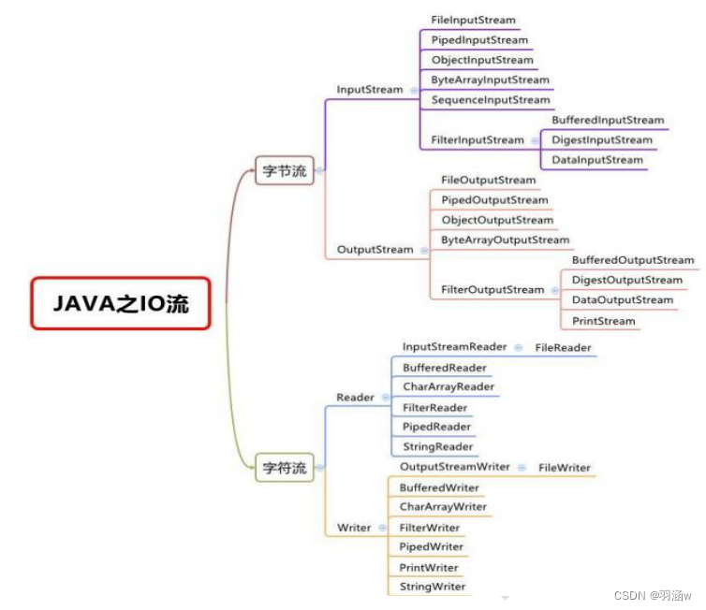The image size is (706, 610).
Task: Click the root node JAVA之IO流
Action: tap(121, 303)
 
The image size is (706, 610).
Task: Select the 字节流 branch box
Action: tap(285, 171)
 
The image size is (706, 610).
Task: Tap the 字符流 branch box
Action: tap(285, 468)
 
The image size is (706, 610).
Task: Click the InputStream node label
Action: tap(369, 90)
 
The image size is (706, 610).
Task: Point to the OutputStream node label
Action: tap(375, 250)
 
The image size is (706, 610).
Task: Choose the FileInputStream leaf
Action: tap(473, 20)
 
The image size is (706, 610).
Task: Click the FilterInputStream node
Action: tap(478, 140)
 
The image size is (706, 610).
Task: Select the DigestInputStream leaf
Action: tap(602, 140)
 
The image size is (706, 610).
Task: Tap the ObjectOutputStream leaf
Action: tap(497, 220)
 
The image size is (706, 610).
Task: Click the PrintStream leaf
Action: tap(603, 321)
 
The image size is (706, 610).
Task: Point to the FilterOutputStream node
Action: tap(493, 290)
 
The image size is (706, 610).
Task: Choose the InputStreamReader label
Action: tap(454, 347)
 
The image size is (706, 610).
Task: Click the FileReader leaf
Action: tap(563, 348)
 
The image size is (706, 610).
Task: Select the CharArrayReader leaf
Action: tap(449, 387)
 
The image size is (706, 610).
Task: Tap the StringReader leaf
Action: tap(438, 447)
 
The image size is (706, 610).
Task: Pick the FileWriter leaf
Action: tap(564, 468)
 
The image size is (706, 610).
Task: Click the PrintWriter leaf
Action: tap(429, 568)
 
